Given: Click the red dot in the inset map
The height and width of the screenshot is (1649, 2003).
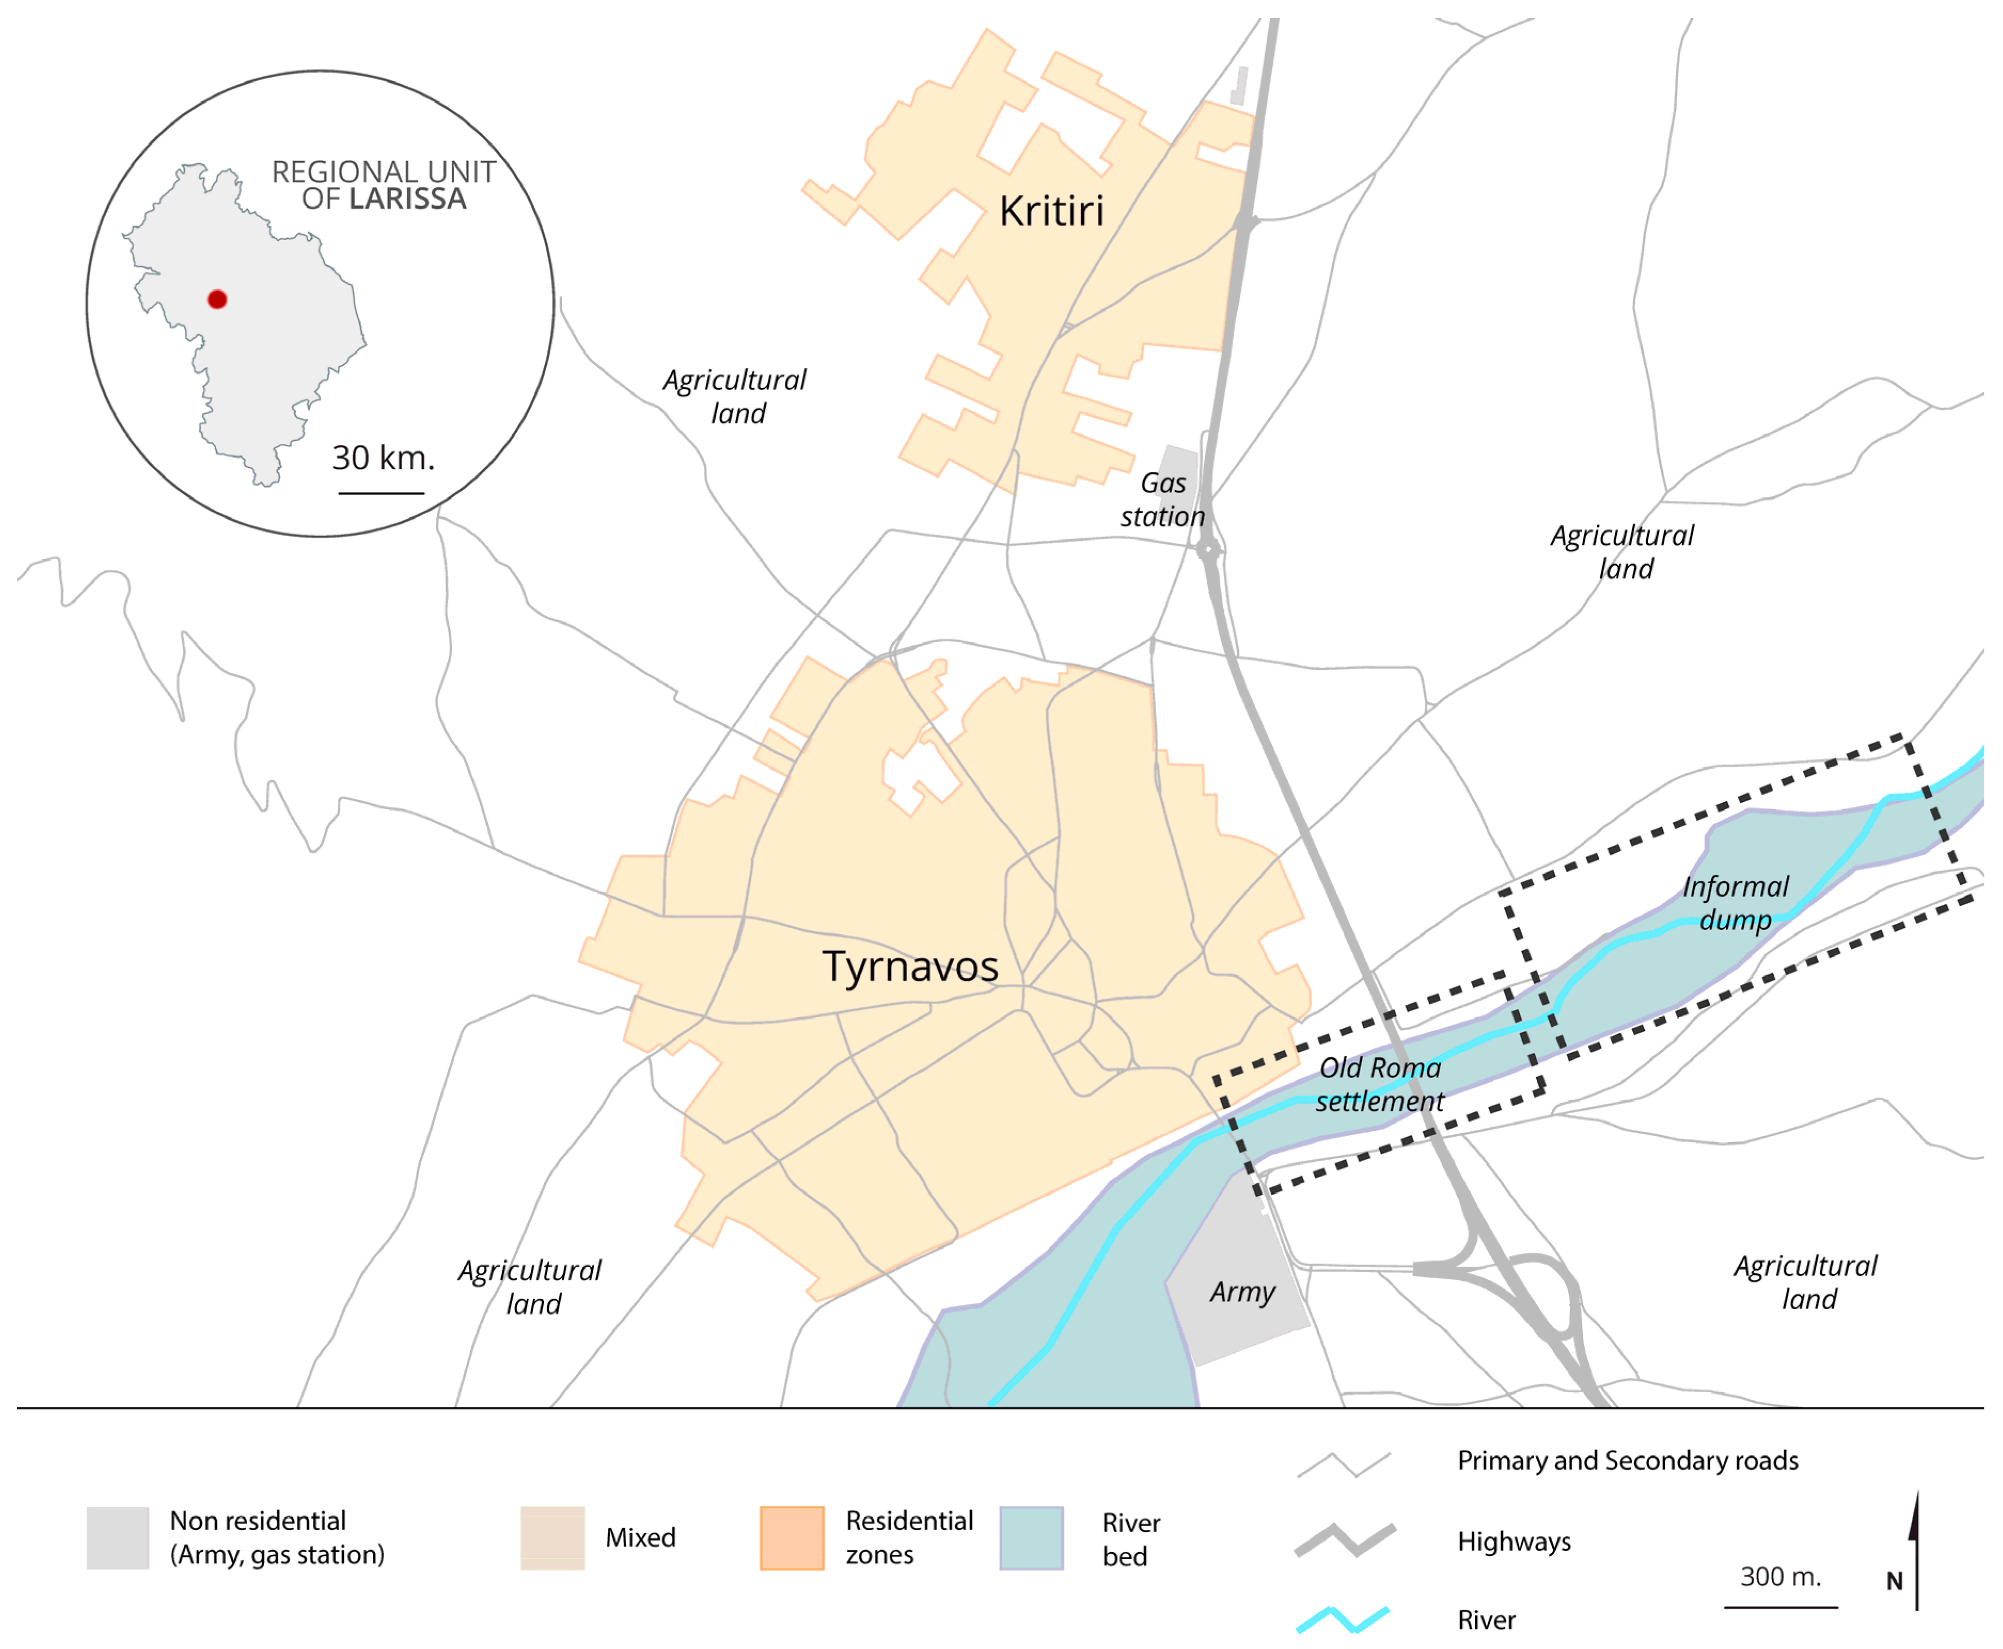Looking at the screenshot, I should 217,299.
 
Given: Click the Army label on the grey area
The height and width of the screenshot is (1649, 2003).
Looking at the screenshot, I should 1241,1292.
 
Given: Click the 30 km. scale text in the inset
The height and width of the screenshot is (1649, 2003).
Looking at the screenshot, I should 383,458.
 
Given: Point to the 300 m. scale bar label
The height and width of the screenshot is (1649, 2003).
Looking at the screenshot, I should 1780,1577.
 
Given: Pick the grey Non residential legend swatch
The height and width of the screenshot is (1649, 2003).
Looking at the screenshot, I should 118,1538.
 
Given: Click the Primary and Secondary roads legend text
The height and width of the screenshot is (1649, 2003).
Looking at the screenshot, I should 1627,1460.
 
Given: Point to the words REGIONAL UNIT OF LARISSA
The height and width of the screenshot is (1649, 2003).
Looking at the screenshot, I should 384,185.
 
